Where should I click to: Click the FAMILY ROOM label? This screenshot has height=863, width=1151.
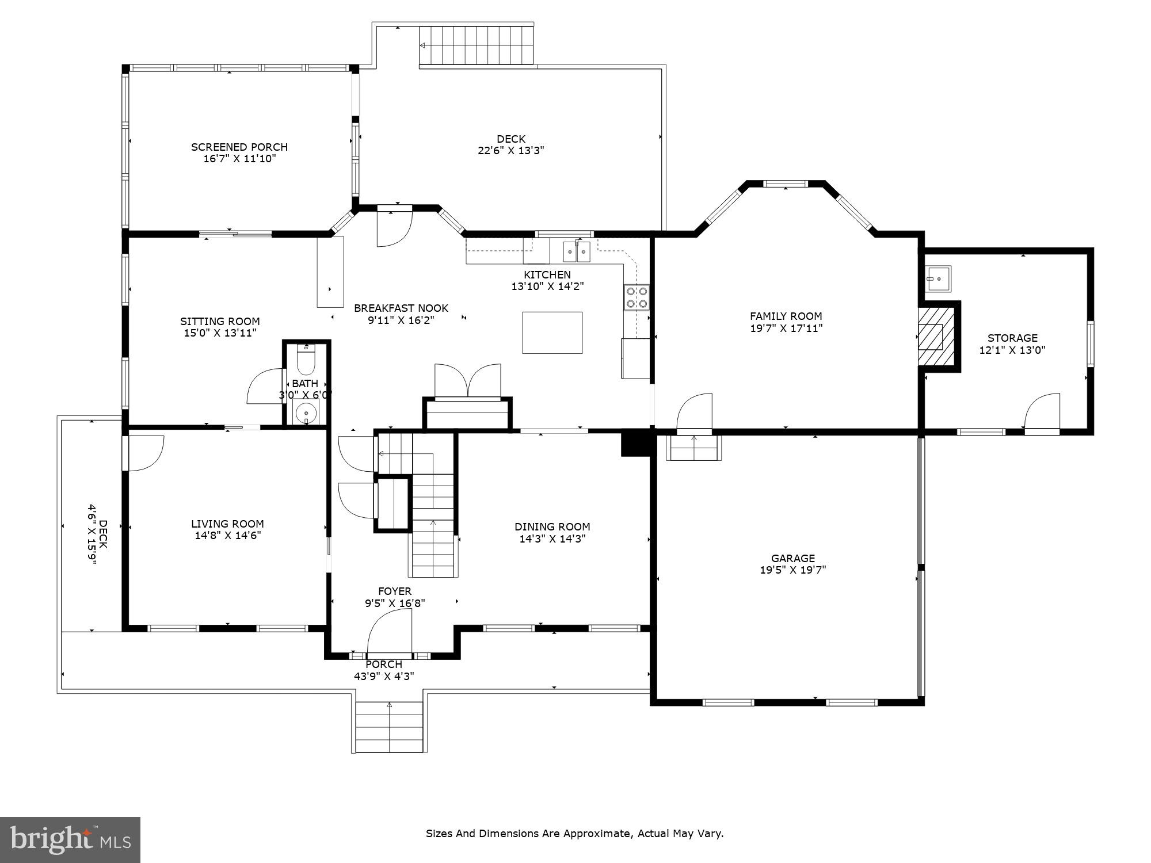pyautogui.click(x=786, y=316)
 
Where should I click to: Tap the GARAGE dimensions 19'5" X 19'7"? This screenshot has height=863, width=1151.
pyautogui.click(x=792, y=570)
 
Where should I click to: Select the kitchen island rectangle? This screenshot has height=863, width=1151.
pyautogui.click(x=552, y=333)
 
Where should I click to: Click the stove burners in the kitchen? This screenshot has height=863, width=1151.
pyautogui.click(x=637, y=297)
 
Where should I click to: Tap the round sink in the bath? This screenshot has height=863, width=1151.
pyautogui.click(x=305, y=413)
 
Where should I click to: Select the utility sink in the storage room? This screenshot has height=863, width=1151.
pyautogui.click(x=938, y=278)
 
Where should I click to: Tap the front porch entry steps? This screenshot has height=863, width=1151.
pyautogui.click(x=389, y=727)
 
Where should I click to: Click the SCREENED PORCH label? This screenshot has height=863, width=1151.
pyautogui.click(x=239, y=147)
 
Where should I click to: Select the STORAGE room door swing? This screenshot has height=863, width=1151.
pyautogui.click(x=1042, y=411)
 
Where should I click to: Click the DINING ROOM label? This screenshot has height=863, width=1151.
pyautogui.click(x=552, y=526)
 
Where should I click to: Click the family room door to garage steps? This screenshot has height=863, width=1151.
pyautogui.click(x=693, y=448)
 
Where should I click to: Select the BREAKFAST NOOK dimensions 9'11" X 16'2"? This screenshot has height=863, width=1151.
pyautogui.click(x=401, y=320)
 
